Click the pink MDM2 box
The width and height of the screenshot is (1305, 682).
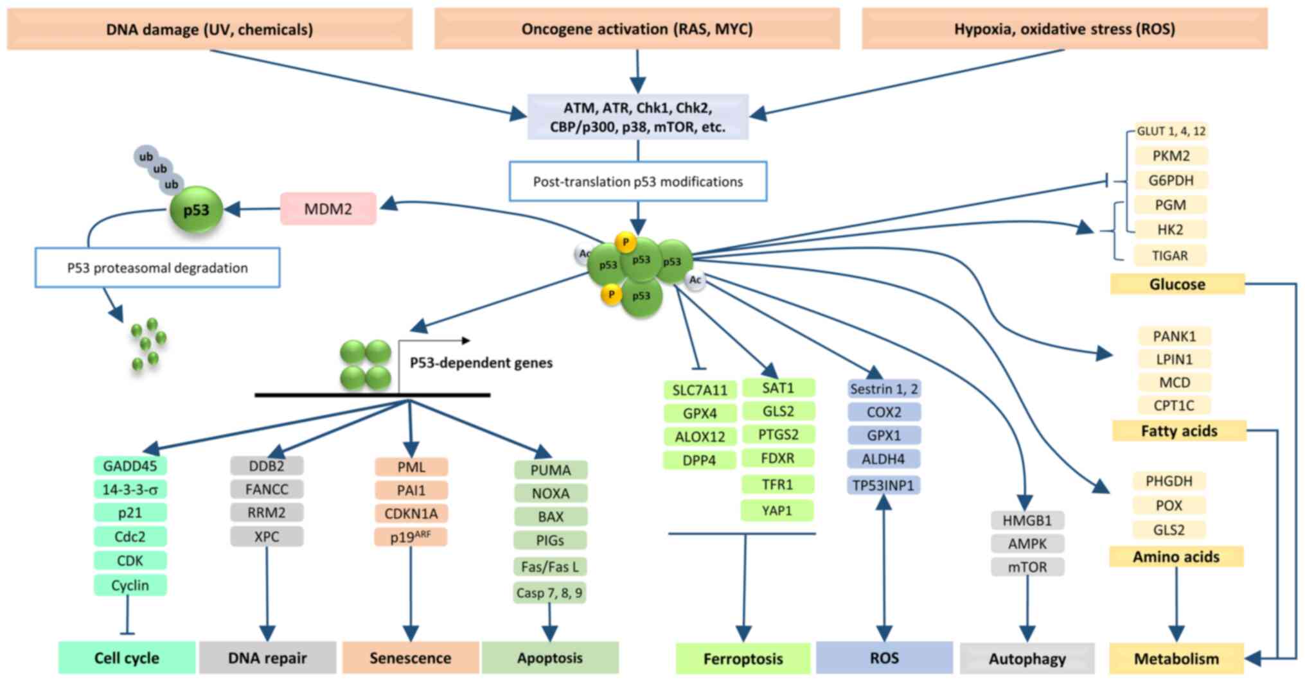328,209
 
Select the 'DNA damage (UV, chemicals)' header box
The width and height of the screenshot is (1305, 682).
209,29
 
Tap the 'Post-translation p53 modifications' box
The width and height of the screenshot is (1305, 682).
637,182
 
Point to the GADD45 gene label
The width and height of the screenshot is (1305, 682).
130,466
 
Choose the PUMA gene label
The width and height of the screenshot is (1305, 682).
550,470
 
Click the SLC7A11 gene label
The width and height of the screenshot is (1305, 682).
699,390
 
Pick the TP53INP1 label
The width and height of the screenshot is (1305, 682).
883,485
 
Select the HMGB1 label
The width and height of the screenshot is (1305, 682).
1027,520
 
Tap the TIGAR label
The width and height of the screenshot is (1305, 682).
1169,256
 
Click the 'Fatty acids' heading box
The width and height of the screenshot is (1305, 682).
1178,431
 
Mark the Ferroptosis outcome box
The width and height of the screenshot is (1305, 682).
743,658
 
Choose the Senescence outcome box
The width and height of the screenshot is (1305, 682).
410,658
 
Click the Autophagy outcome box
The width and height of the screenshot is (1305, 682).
1027,658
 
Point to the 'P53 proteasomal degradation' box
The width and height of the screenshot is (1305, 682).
157,268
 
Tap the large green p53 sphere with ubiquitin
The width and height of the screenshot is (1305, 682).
196,210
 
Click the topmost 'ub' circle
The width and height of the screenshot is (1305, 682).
146,156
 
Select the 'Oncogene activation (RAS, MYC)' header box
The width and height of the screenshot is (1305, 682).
637,29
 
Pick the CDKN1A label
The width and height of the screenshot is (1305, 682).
411,514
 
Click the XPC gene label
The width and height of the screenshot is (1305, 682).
267,536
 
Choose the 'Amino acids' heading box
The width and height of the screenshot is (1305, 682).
1176,557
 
